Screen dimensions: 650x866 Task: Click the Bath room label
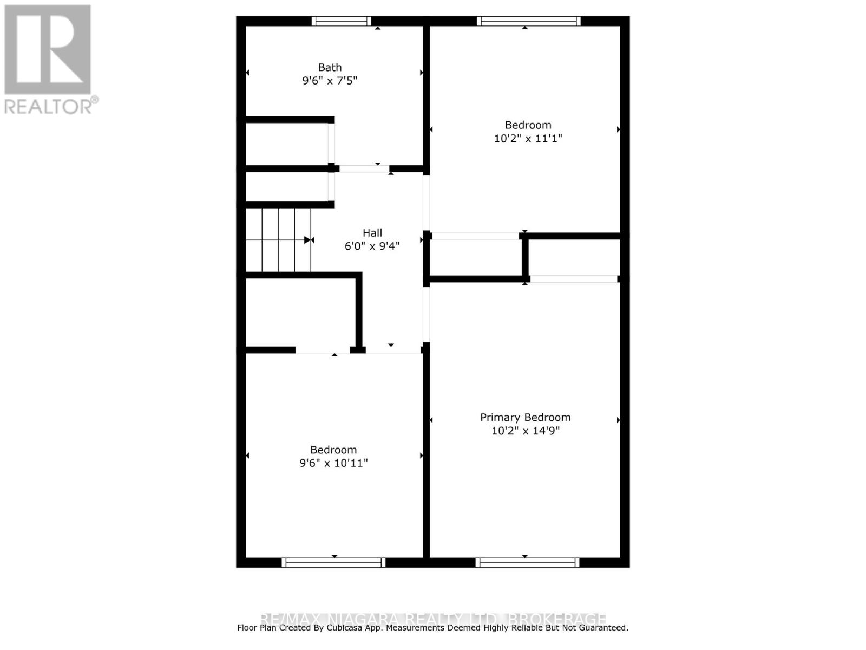[x=330, y=68]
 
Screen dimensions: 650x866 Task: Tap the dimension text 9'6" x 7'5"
[x=330, y=81]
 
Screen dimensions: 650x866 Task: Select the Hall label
[x=372, y=233]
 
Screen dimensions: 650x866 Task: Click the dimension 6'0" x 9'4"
[x=372, y=246]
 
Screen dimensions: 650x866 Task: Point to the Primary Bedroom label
[x=525, y=418]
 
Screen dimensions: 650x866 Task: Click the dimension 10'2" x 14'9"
[x=525, y=431]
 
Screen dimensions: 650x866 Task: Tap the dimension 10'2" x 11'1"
[x=528, y=138]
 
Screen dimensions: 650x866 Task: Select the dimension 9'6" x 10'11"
[x=333, y=463]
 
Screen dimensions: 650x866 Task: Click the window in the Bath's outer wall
[x=342, y=21]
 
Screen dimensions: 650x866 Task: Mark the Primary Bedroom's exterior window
[x=527, y=563]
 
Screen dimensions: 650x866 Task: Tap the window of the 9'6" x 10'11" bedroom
[x=333, y=563]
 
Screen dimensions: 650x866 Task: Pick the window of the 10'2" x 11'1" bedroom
[x=528, y=21]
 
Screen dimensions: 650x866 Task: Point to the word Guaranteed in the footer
[x=602, y=628]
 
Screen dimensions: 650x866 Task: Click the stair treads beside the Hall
[x=279, y=240]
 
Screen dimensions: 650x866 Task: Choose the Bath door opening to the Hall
[x=364, y=168]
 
